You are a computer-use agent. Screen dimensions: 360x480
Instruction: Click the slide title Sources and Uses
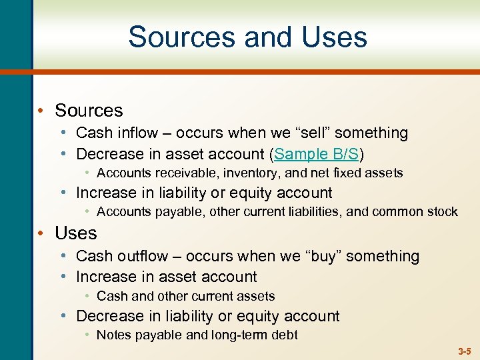(247, 37)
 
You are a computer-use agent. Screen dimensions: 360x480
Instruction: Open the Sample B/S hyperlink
(317, 154)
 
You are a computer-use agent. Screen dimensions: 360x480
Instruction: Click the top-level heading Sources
(89, 110)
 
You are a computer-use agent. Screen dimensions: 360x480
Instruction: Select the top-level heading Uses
(76, 233)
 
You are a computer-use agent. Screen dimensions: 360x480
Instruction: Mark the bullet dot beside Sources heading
(41, 110)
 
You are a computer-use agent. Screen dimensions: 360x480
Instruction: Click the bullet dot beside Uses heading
(41, 233)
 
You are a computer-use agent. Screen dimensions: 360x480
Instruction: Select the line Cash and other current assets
(185, 296)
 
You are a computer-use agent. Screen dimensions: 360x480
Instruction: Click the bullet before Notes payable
(87, 335)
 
